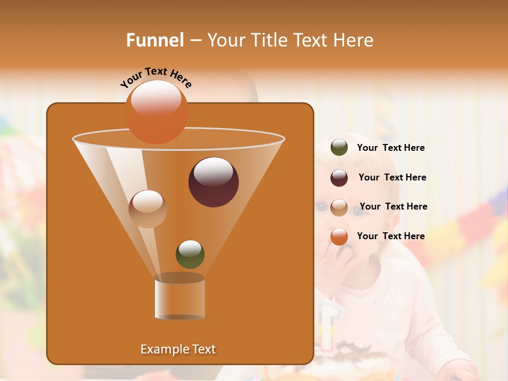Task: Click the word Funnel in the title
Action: [155, 40]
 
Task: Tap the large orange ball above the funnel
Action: [157, 112]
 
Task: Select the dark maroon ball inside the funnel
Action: [213, 182]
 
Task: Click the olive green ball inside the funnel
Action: [190, 254]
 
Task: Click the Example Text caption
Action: [178, 349]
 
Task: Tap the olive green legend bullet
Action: [339, 148]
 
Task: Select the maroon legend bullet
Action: [339, 178]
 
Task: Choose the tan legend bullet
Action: [339, 207]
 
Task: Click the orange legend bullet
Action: [339, 237]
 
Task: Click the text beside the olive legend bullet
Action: [391, 148]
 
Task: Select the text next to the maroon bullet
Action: [392, 177]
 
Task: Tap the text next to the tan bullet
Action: [393, 206]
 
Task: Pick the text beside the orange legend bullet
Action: [391, 236]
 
